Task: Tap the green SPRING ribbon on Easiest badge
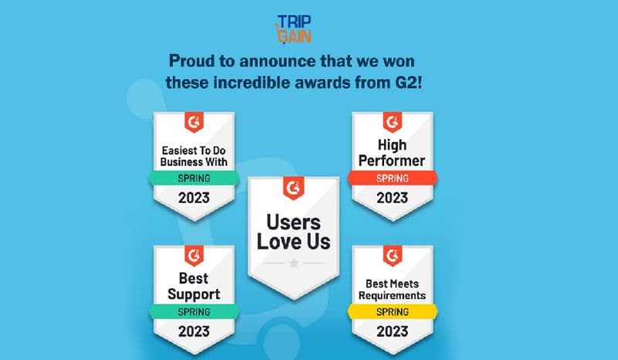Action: pyautogui.click(x=194, y=177)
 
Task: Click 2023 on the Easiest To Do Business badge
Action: pyautogui.click(x=194, y=198)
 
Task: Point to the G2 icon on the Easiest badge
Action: pyautogui.click(x=194, y=122)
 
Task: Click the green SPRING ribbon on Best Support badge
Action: pyautogui.click(x=194, y=311)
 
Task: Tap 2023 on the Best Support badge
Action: pyautogui.click(x=194, y=332)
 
